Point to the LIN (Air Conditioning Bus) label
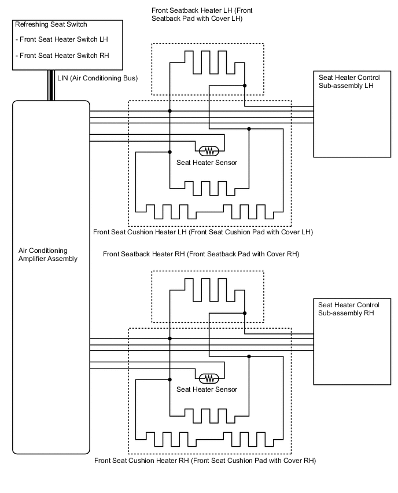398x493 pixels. [97, 78]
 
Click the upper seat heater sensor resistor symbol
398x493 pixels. [208, 151]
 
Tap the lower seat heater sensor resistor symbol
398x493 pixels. [208, 378]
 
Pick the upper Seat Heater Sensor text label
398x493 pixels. [207, 163]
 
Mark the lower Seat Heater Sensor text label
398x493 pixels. [207, 389]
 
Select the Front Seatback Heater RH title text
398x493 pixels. [201, 254]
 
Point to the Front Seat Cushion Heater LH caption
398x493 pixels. [202, 232]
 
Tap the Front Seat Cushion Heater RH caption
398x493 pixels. [204, 461]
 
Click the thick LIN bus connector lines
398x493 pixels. [51, 86]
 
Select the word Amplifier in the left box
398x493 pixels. [34, 259]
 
